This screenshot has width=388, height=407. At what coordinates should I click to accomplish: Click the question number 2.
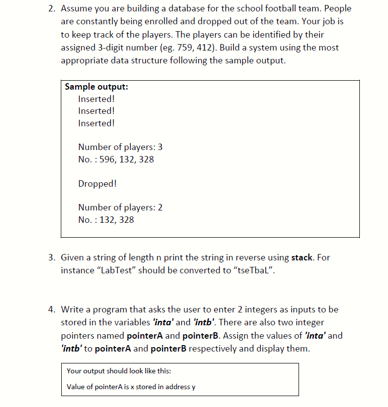coord(51,9)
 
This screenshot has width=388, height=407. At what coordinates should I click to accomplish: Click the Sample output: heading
coord(96,87)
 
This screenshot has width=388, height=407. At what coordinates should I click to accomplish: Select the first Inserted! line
coord(96,99)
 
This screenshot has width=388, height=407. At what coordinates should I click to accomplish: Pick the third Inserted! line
coord(96,123)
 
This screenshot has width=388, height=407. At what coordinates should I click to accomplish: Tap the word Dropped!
coord(97,184)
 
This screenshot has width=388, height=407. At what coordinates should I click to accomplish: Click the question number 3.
coord(51,257)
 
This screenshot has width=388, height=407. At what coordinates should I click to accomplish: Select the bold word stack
coord(302,257)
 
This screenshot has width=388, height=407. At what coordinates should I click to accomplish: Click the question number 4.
coord(51,309)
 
